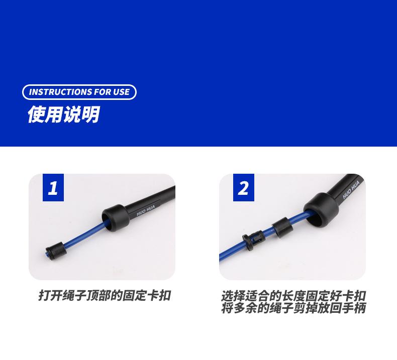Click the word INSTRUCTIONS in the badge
pos(60,92)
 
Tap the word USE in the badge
pos(121,92)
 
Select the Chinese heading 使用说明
pos(63,114)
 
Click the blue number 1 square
pos(53,187)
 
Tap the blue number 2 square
pos(244,187)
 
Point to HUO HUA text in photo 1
pos(146,210)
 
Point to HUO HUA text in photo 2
pos(351,190)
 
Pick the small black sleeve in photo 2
pos(282,227)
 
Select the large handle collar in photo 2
pos(321,210)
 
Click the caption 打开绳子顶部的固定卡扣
pos(105,295)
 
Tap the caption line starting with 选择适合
pos(293,296)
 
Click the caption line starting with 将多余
pos(293,308)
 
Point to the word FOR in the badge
pos(102,92)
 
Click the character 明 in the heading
pos(90,114)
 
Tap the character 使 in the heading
pos(36,114)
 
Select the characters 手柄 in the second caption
pos(354,308)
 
